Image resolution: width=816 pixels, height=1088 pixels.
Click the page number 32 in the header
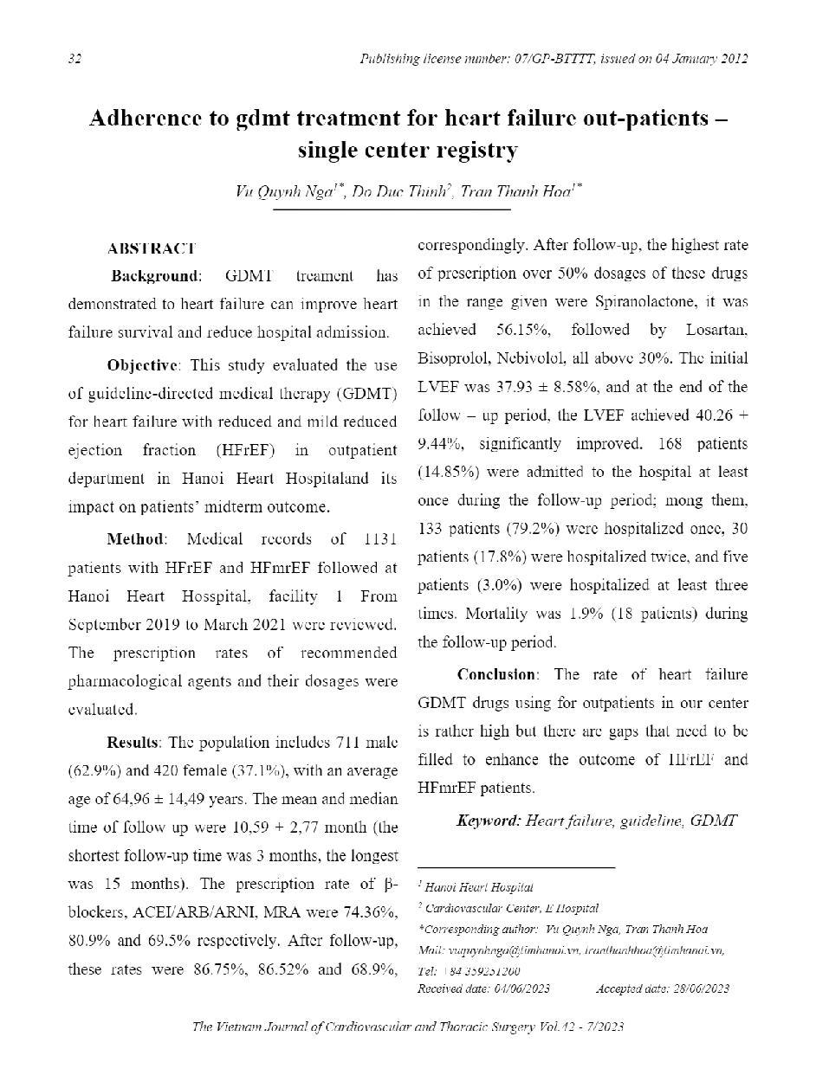click(74, 59)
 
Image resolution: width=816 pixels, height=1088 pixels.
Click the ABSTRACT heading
click(151, 248)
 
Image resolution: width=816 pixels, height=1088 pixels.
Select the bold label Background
click(154, 276)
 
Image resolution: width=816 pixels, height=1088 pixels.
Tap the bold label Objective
click(143, 365)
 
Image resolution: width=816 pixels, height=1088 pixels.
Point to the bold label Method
click(134, 539)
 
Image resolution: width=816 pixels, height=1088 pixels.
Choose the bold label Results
click(133, 742)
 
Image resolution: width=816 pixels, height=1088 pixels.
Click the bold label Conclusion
click(496, 674)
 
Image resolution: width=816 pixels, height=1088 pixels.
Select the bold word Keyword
click(488, 820)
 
